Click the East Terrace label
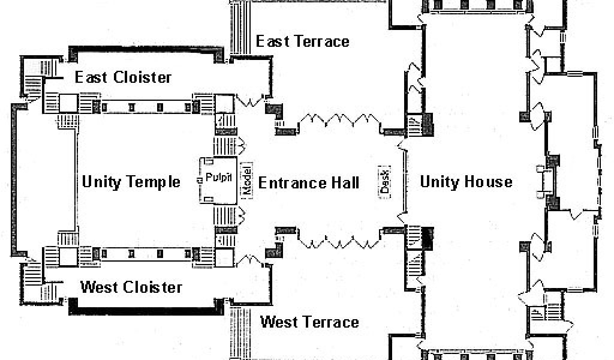302,41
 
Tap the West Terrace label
309,322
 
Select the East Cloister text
123,77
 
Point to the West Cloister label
131,287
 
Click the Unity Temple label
131,182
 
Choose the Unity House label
466,182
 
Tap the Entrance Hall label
309,182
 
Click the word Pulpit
218,178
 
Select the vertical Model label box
246,179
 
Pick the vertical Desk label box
384,179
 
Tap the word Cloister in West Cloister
152,287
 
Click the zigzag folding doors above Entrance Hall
339,119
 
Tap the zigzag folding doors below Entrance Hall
339,242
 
